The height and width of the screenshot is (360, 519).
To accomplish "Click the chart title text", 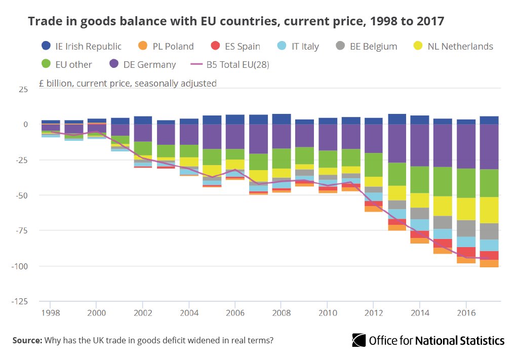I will pyautogui.click(x=236, y=21).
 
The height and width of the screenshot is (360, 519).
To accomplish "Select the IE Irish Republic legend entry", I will pyautogui.click(x=81, y=47).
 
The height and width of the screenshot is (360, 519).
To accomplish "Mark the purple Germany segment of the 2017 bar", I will pyautogui.click(x=489, y=147).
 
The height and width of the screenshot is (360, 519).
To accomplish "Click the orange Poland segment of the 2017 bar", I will pyautogui.click(x=489, y=263).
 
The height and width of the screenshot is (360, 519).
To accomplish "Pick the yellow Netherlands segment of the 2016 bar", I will pyautogui.click(x=466, y=209).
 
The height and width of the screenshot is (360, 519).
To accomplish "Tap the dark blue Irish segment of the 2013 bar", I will pyautogui.click(x=396, y=119).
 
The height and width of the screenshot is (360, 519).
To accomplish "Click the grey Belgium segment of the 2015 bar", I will pyautogui.click(x=443, y=222).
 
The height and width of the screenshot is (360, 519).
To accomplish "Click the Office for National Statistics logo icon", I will pyautogui.click(x=359, y=340).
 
